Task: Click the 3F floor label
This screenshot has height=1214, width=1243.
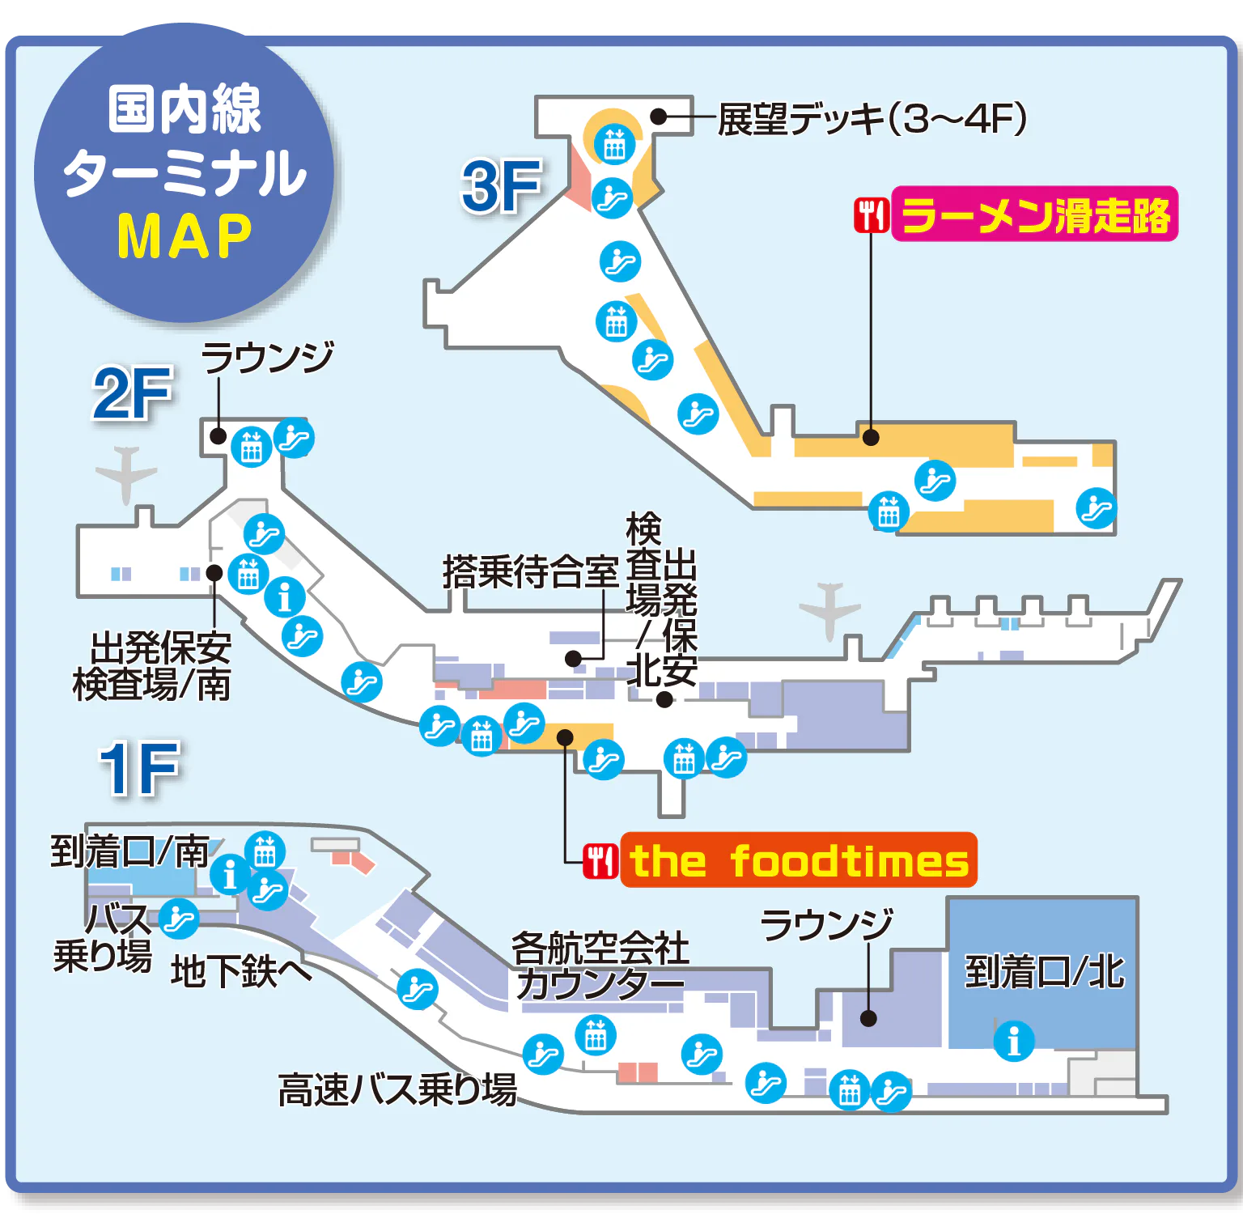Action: pyautogui.click(x=501, y=187)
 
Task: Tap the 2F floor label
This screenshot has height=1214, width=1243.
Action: pyautogui.click(x=133, y=393)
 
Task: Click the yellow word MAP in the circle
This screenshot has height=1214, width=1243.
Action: pyautogui.click(x=185, y=236)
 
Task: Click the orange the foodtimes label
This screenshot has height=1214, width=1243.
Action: pyautogui.click(x=799, y=860)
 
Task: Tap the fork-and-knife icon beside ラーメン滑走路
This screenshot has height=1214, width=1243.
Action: pyautogui.click(x=872, y=215)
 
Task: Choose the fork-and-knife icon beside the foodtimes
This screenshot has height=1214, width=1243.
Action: pyautogui.click(x=600, y=861)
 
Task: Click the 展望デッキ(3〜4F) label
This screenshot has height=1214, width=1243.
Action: pyautogui.click(x=872, y=120)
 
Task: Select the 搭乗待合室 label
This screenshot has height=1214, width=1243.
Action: pyautogui.click(x=531, y=571)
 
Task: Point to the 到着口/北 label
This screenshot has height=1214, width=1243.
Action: pyautogui.click(x=1044, y=972)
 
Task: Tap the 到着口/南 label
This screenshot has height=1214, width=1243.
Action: pyautogui.click(x=129, y=851)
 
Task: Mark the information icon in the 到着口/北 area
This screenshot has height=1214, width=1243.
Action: pyautogui.click(x=1014, y=1040)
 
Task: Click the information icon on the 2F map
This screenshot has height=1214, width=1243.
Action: pyautogui.click(x=285, y=597)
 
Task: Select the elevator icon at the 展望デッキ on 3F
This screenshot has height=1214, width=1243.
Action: pyautogui.click(x=614, y=144)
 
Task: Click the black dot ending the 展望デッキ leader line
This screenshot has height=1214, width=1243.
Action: pyautogui.click(x=659, y=117)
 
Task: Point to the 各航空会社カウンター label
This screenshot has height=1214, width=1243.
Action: pyautogui.click(x=600, y=966)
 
